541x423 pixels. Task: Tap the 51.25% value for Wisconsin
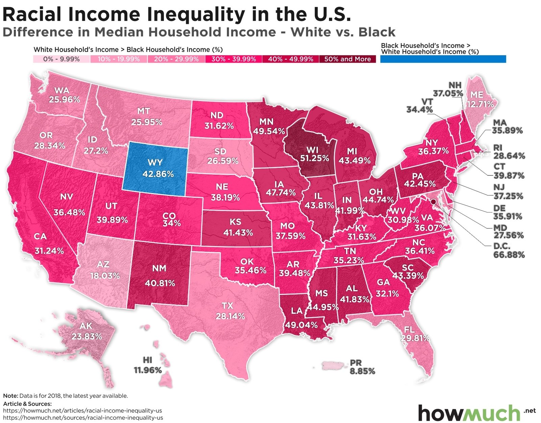pos(314,158)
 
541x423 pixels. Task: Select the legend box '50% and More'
pos(347,59)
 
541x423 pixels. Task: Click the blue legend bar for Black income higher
pos(443,59)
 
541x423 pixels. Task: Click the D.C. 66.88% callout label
pos(509,251)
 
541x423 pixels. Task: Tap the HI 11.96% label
pos(148,365)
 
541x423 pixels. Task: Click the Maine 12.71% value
pos(480,104)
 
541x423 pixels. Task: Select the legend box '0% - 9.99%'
pos(61,59)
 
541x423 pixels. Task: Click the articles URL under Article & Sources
pos(82,410)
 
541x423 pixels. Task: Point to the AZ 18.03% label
pos(104,270)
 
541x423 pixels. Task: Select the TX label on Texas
pos(227,306)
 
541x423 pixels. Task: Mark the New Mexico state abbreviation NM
pos(159,268)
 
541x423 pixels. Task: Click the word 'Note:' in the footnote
pos(10,396)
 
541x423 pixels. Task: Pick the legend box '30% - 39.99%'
pos(233,59)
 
